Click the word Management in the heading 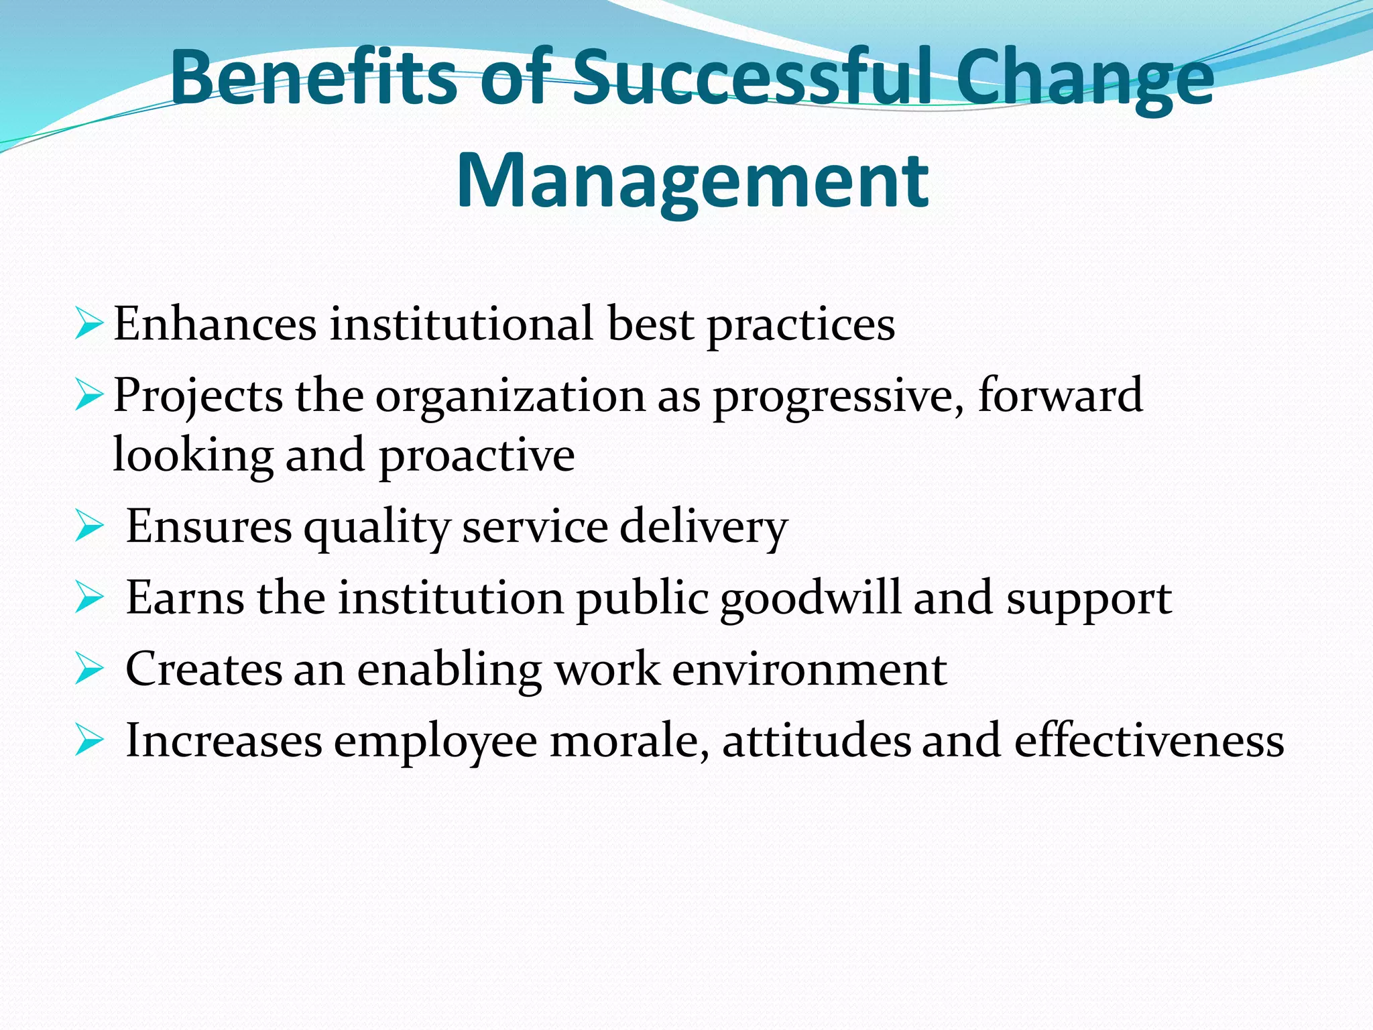pos(693,181)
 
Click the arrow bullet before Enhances pos(89,323)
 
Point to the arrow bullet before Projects pos(89,394)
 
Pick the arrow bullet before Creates pos(89,669)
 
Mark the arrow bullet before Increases pos(89,740)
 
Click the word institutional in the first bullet pos(461,324)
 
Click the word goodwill pos(811,599)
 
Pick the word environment pos(809,669)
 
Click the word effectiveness pos(1149,741)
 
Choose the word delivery pos(703,528)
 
